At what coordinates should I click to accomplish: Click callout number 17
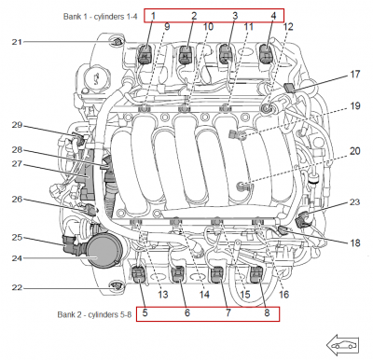click(x=355, y=75)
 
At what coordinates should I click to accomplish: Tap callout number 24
click(x=18, y=258)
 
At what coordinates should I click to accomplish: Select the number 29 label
click(x=18, y=125)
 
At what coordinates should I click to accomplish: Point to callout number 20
click(x=355, y=151)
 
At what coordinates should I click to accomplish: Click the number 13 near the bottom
click(x=163, y=294)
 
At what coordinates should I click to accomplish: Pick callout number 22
click(x=18, y=288)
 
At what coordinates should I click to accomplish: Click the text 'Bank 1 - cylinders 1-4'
click(x=100, y=17)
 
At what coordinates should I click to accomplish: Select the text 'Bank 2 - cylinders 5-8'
click(x=94, y=314)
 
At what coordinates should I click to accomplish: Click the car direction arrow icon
click(x=342, y=345)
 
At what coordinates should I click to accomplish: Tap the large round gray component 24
click(x=102, y=250)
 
